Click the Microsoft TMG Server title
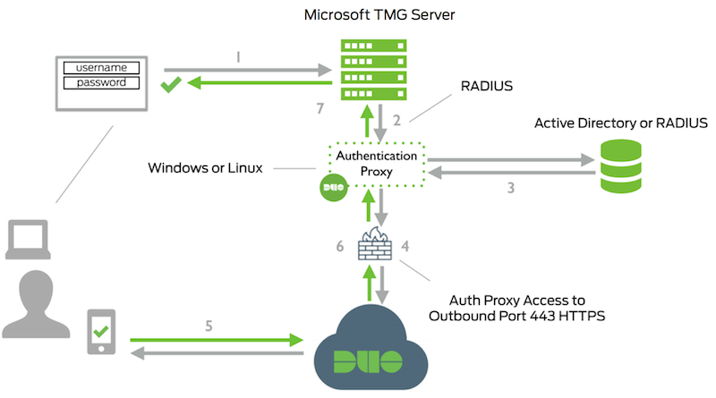click(375, 15)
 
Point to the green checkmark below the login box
click(171, 87)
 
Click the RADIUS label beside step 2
click(487, 88)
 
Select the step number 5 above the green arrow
click(210, 326)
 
